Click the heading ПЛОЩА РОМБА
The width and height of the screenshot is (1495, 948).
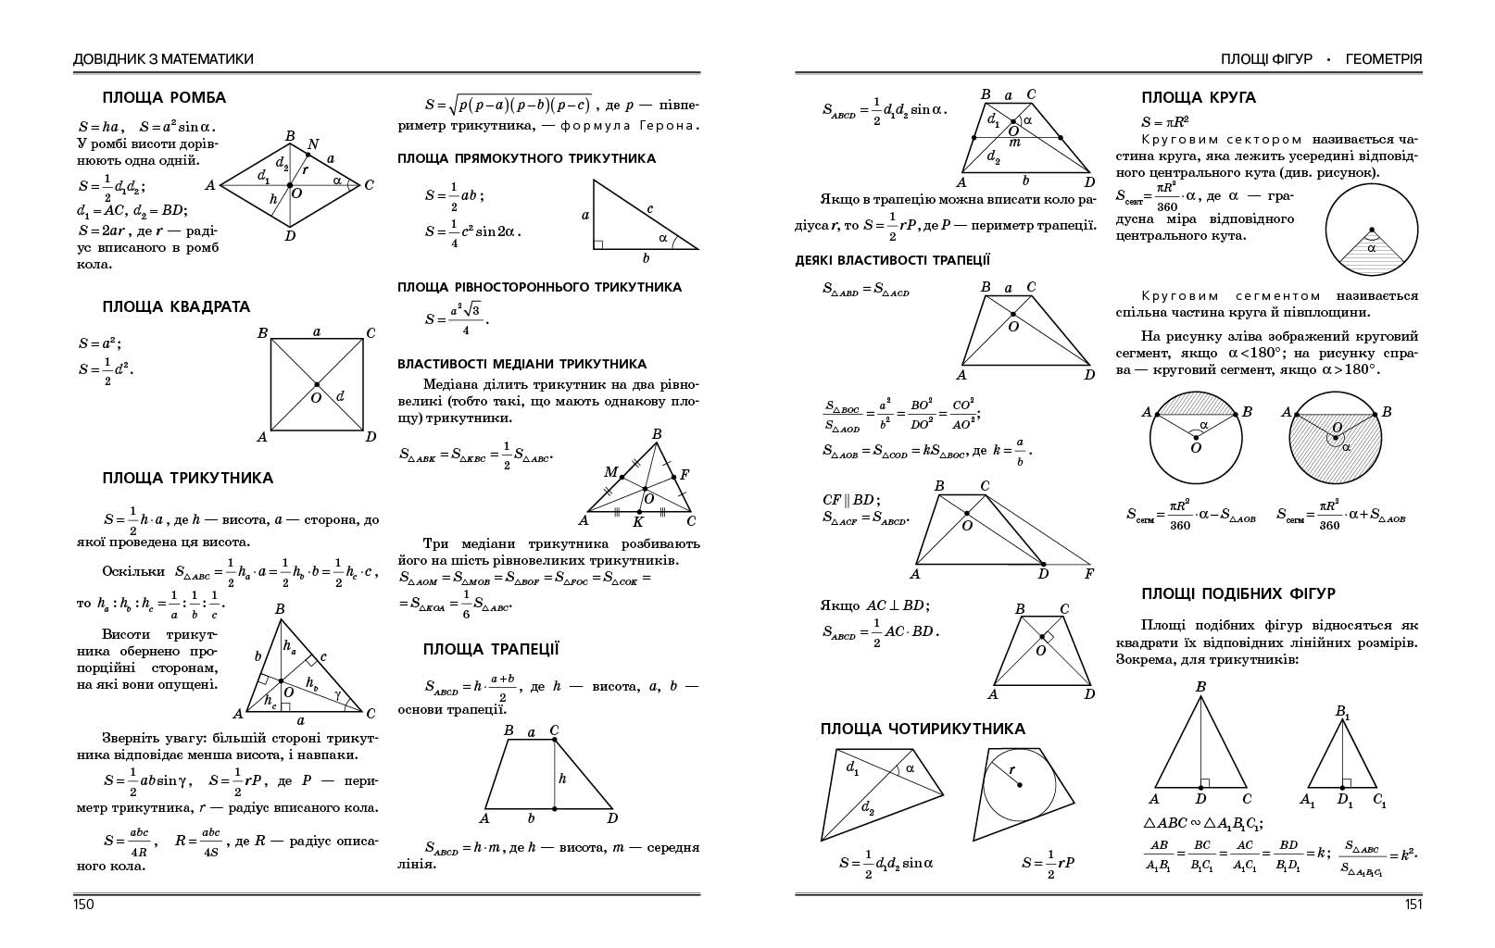click(x=164, y=97)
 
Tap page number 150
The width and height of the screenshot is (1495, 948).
click(x=83, y=904)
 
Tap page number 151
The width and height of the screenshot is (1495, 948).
click(x=1413, y=904)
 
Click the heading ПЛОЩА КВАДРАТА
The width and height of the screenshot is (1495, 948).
click(x=176, y=306)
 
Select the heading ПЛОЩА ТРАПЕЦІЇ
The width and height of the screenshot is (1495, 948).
click(x=491, y=649)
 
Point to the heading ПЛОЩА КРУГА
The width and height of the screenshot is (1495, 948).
click(x=1199, y=97)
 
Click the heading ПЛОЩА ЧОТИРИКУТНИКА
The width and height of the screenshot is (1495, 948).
click(x=923, y=729)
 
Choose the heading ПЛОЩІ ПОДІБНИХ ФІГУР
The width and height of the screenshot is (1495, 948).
click(x=1238, y=593)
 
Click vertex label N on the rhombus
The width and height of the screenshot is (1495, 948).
click(x=313, y=144)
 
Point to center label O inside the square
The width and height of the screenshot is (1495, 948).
click(x=315, y=398)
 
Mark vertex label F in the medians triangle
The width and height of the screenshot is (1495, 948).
click(x=685, y=475)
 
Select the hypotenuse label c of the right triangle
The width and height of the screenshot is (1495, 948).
click(x=650, y=209)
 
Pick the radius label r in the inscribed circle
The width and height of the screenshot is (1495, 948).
click(x=1011, y=769)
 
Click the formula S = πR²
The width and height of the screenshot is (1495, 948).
click(x=1165, y=121)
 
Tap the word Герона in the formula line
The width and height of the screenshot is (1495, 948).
click(x=675, y=126)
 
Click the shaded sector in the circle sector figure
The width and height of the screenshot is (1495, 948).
click(x=1372, y=250)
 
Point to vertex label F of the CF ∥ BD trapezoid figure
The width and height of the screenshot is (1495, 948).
click(x=1089, y=574)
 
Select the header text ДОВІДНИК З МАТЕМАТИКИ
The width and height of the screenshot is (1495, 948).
click(x=163, y=59)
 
